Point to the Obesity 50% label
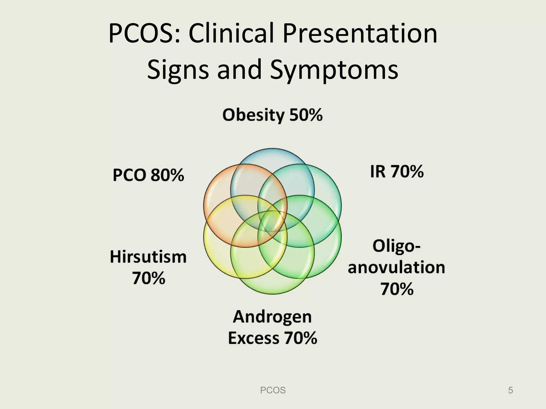272,115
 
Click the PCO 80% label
148,175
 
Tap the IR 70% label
397,171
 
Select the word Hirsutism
148,257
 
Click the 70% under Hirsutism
149,278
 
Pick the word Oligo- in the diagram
396,246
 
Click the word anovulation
396,267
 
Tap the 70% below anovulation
397,289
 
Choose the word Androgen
272,317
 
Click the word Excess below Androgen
254,338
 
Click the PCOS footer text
273,390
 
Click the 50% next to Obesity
306,115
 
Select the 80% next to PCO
167,175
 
